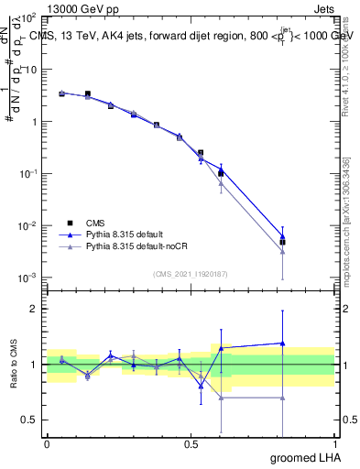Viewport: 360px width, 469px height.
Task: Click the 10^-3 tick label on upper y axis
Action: tap(27, 278)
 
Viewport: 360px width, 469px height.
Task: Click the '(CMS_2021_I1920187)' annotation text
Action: tap(191, 273)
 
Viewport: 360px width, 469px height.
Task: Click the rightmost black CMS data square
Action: tap(282, 243)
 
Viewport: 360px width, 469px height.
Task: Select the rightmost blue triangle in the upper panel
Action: tap(282, 236)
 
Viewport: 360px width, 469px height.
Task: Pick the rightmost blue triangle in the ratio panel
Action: tap(282, 343)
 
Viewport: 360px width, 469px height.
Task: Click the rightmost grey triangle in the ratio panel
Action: tap(282, 398)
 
